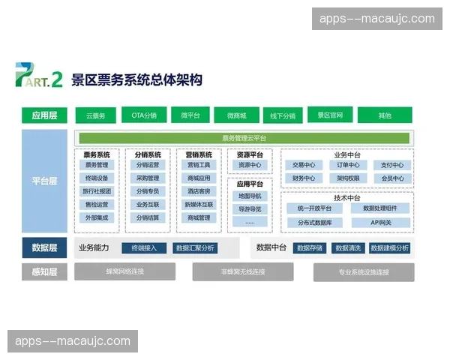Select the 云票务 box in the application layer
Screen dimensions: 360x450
[95, 115]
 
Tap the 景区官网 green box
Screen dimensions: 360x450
[329, 115]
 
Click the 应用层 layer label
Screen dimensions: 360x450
[44, 115]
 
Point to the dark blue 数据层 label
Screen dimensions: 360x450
[44, 247]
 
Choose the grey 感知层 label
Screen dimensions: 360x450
[44, 271]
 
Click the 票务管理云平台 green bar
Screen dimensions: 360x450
[244, 138]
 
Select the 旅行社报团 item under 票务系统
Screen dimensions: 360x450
[96, 191]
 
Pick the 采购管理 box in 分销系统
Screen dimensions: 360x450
[147, 178]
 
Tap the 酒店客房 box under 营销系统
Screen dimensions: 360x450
[199, 191]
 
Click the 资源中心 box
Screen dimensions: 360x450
[249, 165]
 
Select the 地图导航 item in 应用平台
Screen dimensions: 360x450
[249, 196]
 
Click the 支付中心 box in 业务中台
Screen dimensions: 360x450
[391, 165]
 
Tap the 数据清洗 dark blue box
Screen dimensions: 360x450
[349, 247]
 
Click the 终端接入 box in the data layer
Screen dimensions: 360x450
[144, 247]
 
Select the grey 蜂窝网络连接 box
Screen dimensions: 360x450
[124, 271]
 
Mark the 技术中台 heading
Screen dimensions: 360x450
[346, 197]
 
